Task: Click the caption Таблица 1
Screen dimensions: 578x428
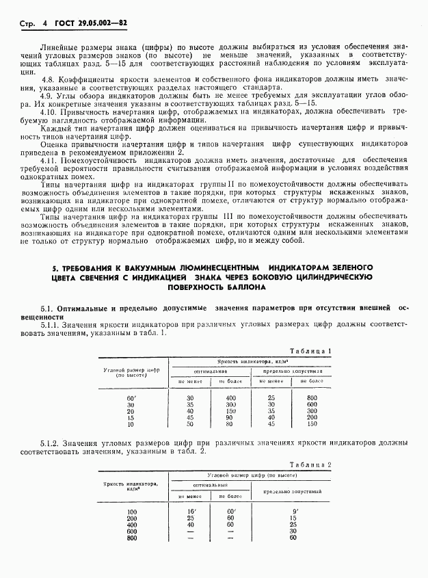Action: coord(311,350)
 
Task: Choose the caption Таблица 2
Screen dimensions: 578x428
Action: coord(310,464)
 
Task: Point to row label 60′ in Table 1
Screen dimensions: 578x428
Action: coord(132,397)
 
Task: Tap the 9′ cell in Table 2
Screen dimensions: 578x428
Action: coord(293,512)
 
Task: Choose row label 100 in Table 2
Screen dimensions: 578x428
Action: coord(132,512)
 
